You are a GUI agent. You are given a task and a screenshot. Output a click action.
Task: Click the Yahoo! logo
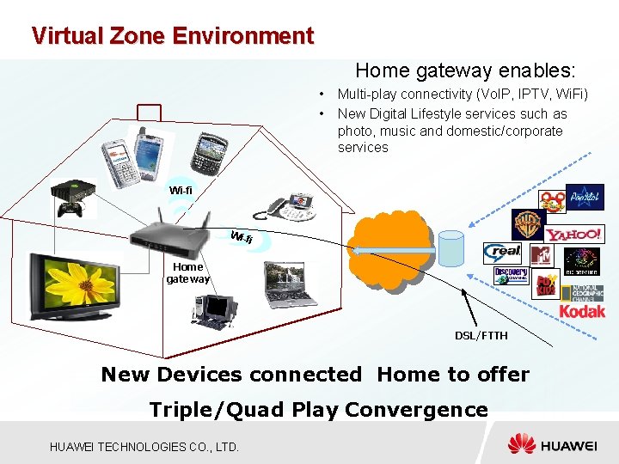pyautogui.click(x=573, y=235)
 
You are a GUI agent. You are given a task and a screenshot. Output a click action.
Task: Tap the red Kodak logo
pyautogui.click(x=582, y=311)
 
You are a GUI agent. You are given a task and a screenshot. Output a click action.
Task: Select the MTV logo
pyautogui.click(x=541, y=255)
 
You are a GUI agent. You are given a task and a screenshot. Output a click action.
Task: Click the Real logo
pyautogui.click(x=503, y=252)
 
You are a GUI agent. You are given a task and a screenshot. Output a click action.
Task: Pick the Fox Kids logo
pyautogui.click(x=545, y=284)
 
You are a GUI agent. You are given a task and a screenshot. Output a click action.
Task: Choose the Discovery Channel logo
pyautogui.click(x=511, y=275)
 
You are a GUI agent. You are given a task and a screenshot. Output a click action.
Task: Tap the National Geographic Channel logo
pyautogui.click(x=583, y=292)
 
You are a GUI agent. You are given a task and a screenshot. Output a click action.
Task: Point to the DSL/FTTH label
pyautogui.click(x=481, y=335)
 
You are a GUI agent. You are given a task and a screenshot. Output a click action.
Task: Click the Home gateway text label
pyautogui.click(x=187, y=272)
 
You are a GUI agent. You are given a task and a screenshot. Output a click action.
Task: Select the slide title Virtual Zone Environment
pyautogui.click(x=172, y=36)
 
